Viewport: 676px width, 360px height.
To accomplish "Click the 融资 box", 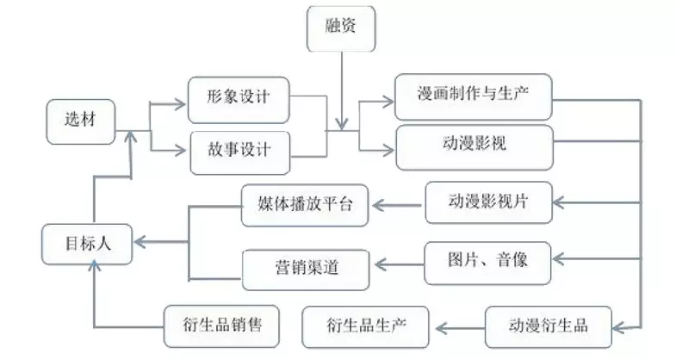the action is click(x=341, y=29).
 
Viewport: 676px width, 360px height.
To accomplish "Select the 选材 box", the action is click(x=81, y=122).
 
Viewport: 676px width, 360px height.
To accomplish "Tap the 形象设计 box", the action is click(x=239, y=100).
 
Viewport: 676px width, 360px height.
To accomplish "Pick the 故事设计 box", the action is click(x=240, y=153).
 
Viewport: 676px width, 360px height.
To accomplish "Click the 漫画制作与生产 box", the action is click(x=474, y=96).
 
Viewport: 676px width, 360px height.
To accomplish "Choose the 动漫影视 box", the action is click(x=474, y=147).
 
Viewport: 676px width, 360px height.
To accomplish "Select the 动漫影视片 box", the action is click(x=488, y=202).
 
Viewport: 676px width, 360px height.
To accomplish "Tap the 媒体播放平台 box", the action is click(x=304, y=205).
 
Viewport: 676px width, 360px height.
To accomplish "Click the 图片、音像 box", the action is click(x=487, y=263).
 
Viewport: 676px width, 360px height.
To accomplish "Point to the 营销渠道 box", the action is click(x=306, y=270).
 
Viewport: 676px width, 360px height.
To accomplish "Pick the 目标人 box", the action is click(x=87, y=244).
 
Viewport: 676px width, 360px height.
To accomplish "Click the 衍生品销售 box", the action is click(x=221, y=326).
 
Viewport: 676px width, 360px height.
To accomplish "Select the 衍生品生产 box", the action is click(x=366, y=326).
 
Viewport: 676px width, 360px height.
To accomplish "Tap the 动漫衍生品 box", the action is click(x=549, y=326).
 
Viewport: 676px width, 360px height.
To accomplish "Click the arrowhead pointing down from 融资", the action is click(x=342, y=124).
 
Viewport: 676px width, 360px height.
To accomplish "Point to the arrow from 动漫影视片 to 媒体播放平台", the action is click(x=397, y=205).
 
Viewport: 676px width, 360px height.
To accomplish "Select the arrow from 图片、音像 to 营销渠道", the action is click(x=400, y=264).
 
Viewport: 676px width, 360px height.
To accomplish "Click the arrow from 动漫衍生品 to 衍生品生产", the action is click(x=460, y=328).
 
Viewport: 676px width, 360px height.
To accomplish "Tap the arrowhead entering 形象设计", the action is click(x=179, y=103).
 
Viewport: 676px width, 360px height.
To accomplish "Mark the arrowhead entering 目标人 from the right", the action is click(x=140, y=242).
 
